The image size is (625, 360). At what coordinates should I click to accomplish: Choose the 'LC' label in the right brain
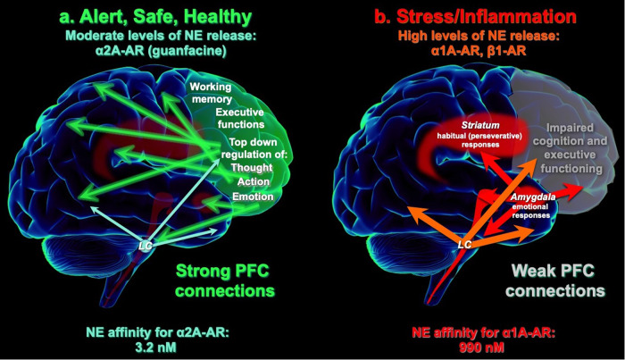(464, 243)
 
